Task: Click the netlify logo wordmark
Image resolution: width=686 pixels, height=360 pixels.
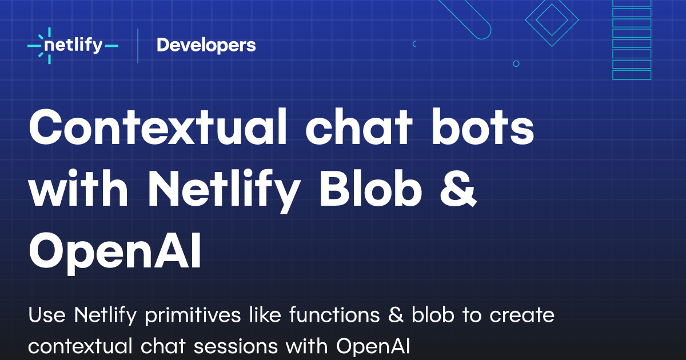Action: (73, 45)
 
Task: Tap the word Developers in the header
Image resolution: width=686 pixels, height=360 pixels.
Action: (206, 45)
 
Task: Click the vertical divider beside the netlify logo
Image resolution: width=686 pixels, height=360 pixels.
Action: (138, 45)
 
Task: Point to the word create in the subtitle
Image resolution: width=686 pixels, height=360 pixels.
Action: (520, 315)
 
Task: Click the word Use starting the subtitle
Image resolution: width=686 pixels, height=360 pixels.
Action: (46, 315)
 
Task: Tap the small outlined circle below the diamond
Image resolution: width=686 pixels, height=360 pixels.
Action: (516, 64)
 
